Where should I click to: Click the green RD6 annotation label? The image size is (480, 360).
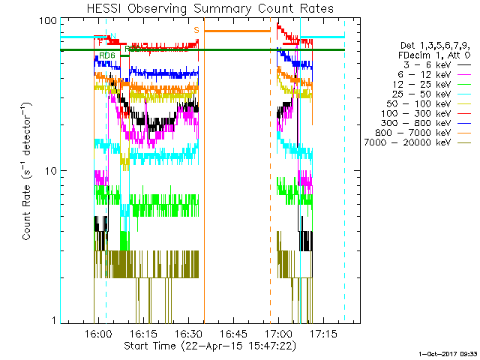pos(107,55)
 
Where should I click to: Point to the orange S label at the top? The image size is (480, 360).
pos(196,29)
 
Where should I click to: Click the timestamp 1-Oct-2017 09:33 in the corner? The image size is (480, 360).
pos(447,353)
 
